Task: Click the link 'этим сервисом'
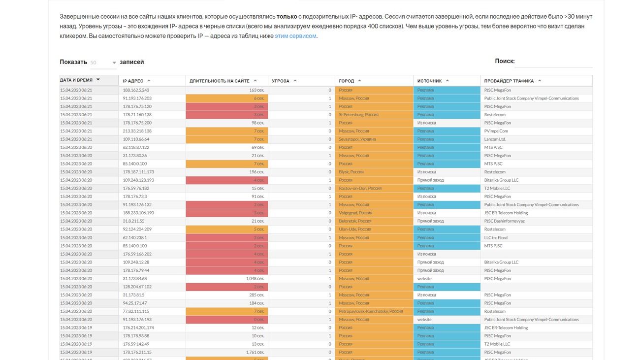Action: pos(295,36)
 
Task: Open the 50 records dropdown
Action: pos(103,63)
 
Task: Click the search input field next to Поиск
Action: pos(554,62)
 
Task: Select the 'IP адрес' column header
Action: pos(133,81)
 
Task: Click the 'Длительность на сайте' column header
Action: pos(220,81)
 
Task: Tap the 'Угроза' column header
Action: pos(281,81)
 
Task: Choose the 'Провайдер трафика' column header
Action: pos(509,81)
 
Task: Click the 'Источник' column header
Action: pos(430,81)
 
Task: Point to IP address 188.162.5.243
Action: pos(136,90)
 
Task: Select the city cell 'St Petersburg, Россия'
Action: pos(358,115)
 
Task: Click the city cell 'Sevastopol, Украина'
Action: pos(357,139)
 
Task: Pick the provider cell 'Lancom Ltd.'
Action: pos(495,139)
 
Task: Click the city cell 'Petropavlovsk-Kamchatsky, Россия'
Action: pos(370,311)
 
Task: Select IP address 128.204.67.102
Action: pos(137,287)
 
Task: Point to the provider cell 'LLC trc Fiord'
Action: pos(496,237)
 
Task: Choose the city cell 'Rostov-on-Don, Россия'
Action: pos(360,188)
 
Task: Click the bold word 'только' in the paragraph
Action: pos(287,17)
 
